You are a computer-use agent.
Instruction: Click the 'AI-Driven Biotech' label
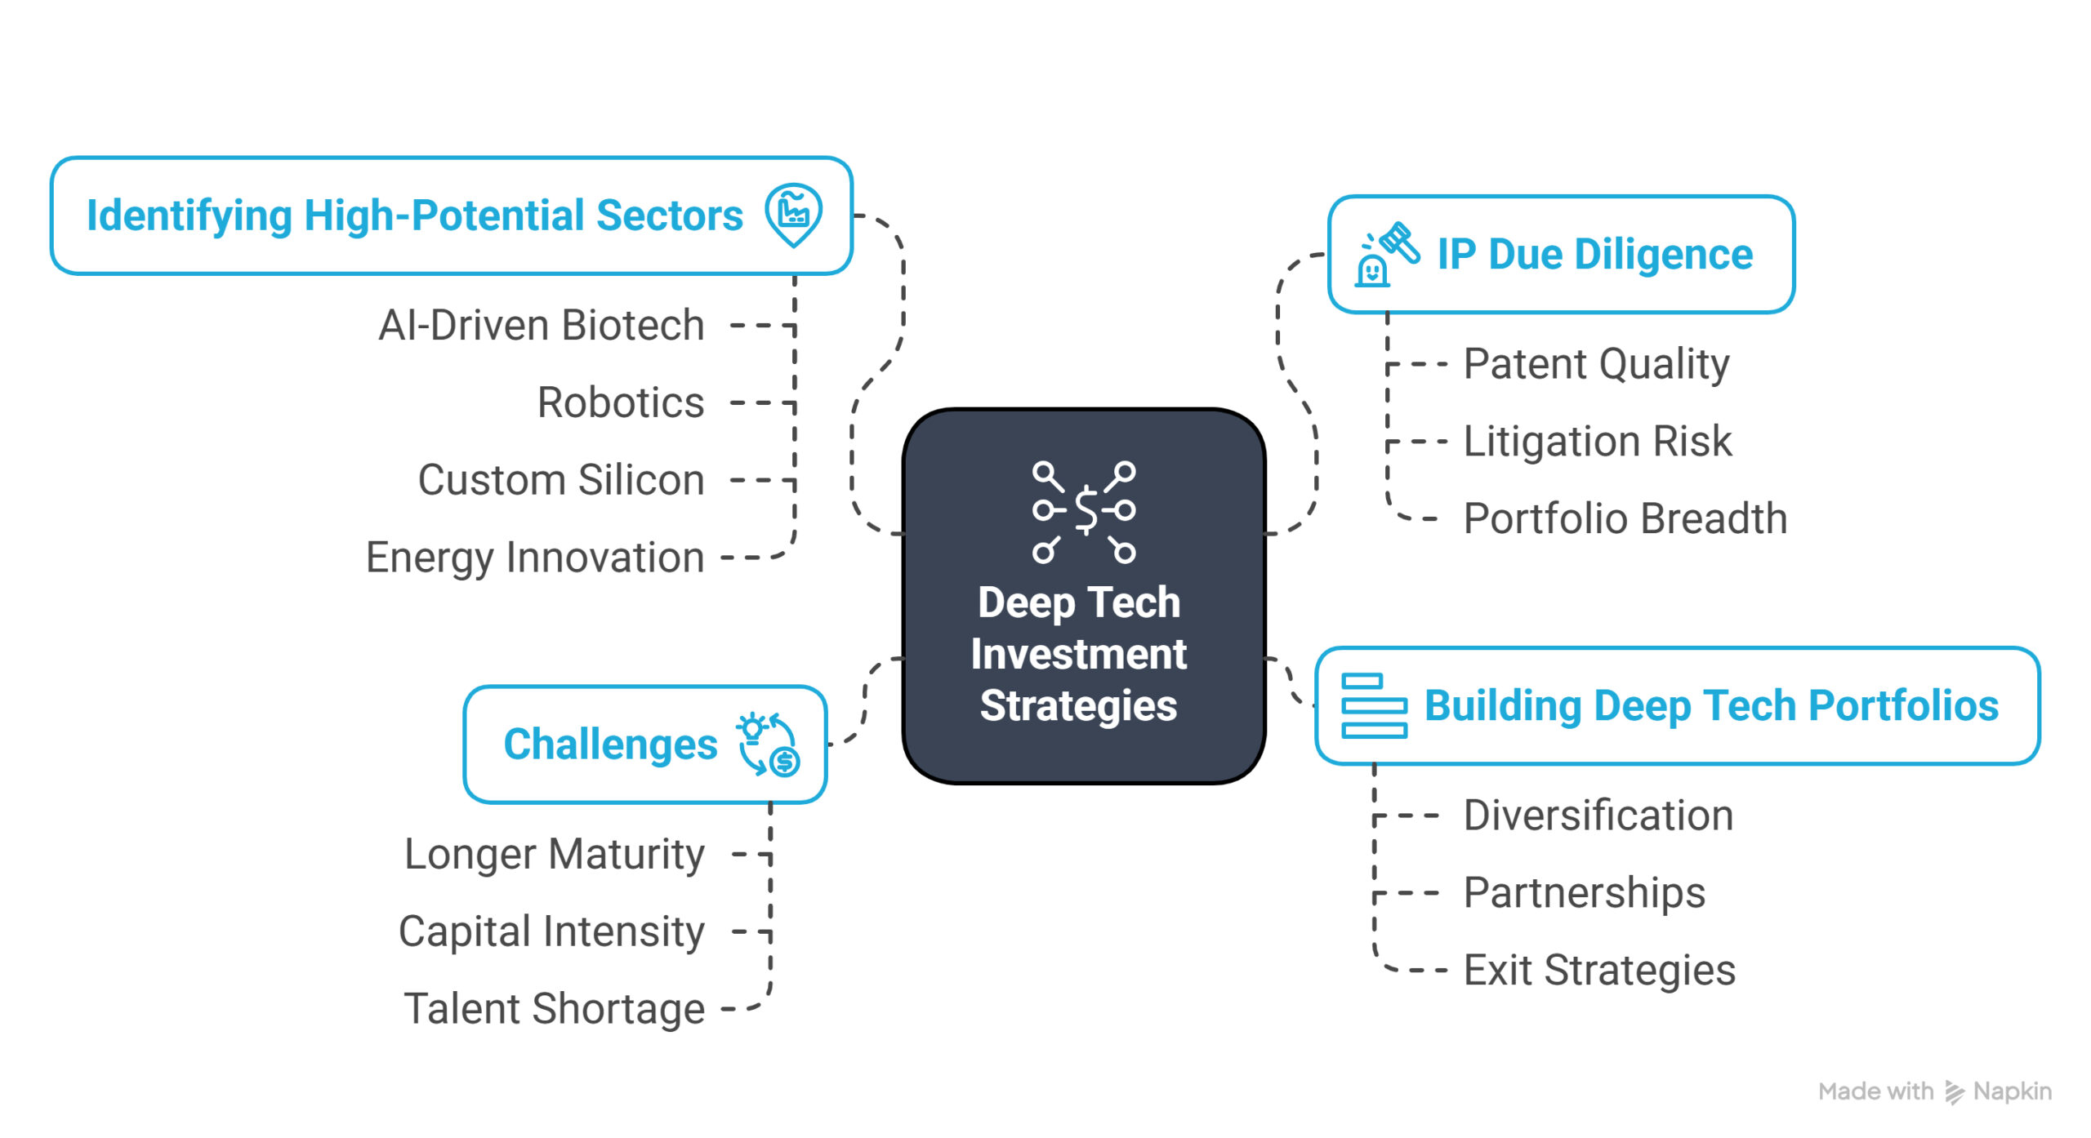click(x=542, y=326)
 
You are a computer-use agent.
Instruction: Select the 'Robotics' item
click(x=621, y=402)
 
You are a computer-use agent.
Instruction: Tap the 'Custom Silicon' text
click(x=561, y=480)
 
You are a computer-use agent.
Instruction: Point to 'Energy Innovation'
click(x=535, y=558)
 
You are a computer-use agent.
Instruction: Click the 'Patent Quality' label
click(x=1596, y=365)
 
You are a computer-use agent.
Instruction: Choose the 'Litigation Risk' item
click(x=1597, y=442)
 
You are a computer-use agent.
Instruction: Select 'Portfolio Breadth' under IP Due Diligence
click(x=1625, y=518)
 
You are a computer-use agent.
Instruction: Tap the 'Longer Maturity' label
click(x=555, y=856)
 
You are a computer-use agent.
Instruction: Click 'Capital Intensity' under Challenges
click(x=551, y=932)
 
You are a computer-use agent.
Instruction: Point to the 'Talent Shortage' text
click(x=555, y=1010)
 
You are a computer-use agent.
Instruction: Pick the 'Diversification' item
click(x=1598, y=816)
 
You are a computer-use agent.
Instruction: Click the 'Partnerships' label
click(x=1585, y=893)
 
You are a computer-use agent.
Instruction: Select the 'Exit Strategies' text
click(x=1599, y=971)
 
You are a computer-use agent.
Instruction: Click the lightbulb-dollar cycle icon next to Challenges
click(x=768, y=745)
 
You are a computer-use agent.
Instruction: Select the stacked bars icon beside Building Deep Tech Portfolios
click(x=1374, y=705)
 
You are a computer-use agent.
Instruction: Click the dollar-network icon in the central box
click(x=1084, y=512)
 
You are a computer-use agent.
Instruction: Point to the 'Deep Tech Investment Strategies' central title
click(x=1079, y=654)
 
